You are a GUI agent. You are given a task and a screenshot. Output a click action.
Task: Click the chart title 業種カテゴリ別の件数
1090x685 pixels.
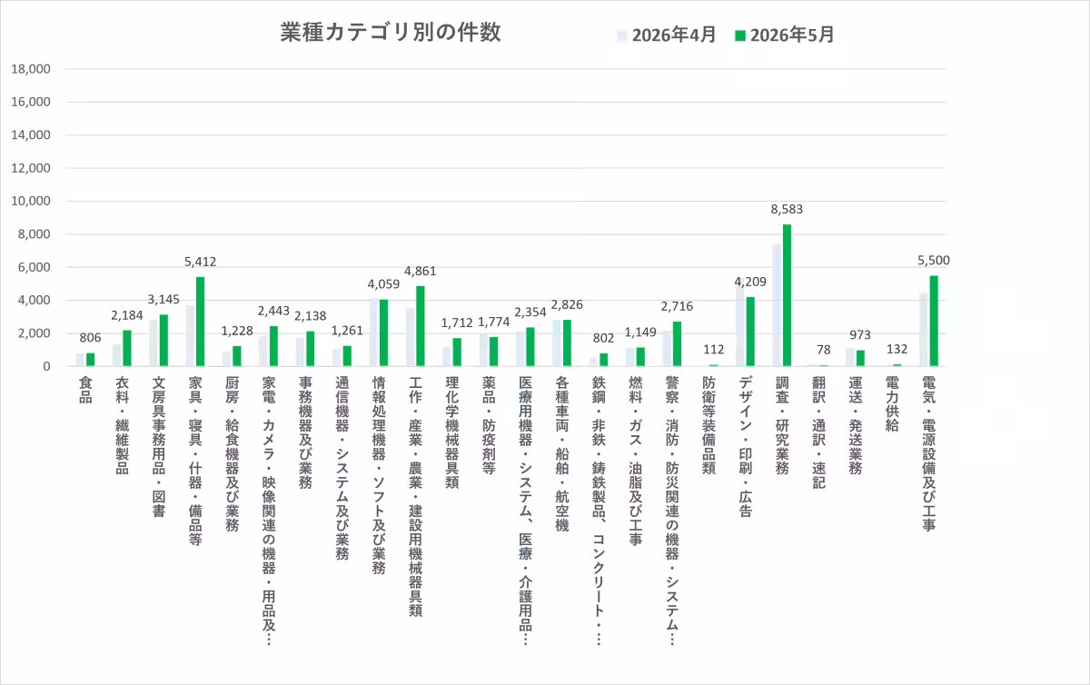[x=391, y=33]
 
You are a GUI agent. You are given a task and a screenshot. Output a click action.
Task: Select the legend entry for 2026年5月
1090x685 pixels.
[x=785, y=35]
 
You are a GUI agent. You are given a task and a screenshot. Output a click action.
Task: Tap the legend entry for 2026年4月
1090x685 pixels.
[x=666, y=35]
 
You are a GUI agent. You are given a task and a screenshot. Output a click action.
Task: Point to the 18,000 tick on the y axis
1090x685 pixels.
[x=31, y=69]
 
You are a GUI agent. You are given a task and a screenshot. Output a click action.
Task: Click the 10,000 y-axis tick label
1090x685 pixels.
[x=31, y=201]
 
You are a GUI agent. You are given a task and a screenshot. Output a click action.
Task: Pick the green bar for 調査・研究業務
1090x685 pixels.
[x=787, y=295]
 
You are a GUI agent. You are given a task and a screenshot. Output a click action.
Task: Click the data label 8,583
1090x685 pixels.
[x=787, y=209]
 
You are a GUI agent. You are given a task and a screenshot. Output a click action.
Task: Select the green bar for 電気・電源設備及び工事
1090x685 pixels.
[x=934, y=321]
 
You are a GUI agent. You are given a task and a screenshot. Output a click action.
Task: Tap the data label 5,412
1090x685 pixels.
[x=200, y=262]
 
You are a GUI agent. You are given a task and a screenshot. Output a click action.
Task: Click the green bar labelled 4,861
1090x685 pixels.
[x=421, y=326]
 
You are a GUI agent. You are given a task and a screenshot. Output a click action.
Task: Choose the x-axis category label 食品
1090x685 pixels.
[x=85, y=390]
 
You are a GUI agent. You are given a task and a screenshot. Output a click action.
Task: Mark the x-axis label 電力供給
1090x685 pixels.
[x=892, y=404]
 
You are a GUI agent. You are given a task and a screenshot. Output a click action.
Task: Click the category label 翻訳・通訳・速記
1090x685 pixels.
[x=819, y=432]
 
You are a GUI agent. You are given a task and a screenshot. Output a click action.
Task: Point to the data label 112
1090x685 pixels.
[x=713, y=350]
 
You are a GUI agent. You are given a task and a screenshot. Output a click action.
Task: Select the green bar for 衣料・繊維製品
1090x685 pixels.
[x=127, y=348]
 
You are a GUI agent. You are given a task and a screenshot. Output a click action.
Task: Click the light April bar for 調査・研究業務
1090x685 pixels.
[x=778, y=305]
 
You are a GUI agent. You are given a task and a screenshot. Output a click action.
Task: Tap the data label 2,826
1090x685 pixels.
[x=567, y=304]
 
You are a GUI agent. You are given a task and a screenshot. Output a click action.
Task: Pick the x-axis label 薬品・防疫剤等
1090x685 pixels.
[x=489, y=425]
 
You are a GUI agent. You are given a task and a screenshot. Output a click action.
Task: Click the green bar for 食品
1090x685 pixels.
[x=91, y=359]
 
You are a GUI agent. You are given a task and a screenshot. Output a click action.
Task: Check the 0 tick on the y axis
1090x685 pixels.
[x=46, y=366]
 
